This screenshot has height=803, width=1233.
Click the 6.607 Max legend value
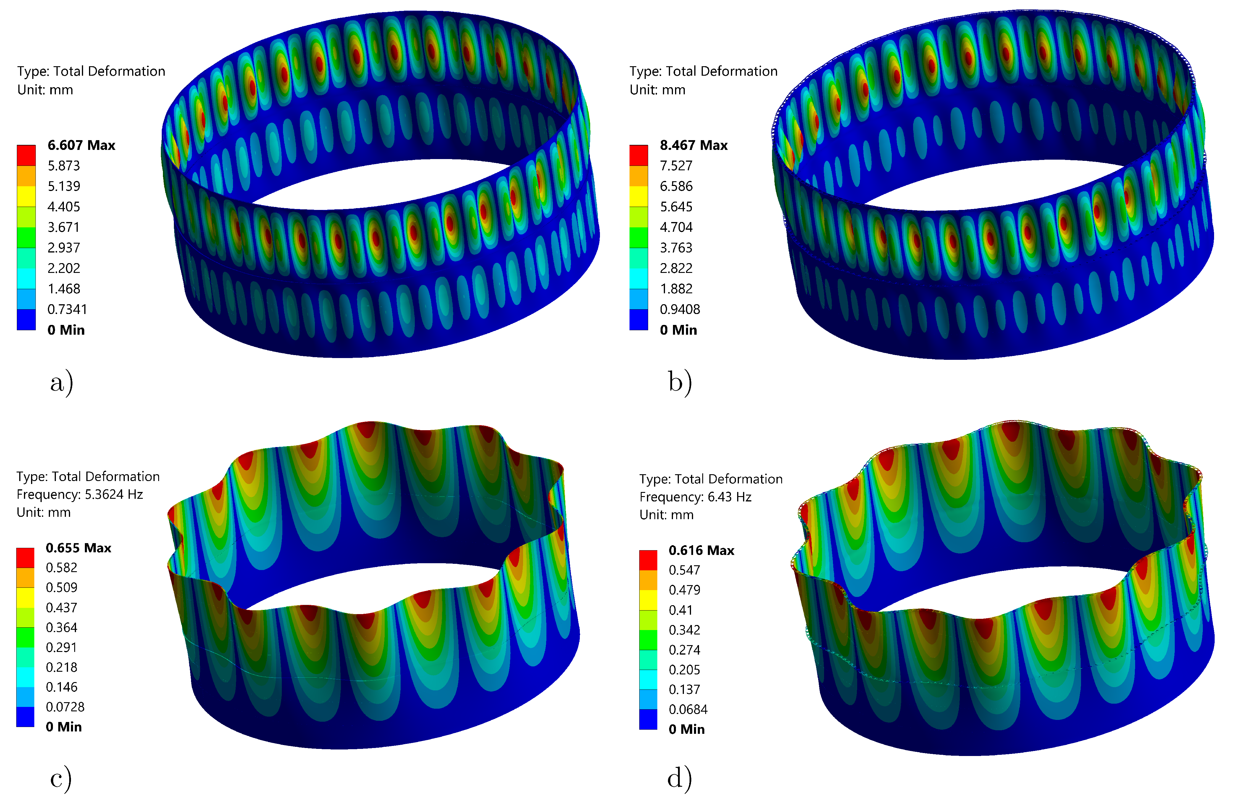[81, 145]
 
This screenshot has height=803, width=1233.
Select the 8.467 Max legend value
[694, 145]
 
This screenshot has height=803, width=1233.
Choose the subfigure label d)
[679, 778]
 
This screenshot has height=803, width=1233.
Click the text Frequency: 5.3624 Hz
[80, 494]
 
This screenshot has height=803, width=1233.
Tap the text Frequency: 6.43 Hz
[695, 497]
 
